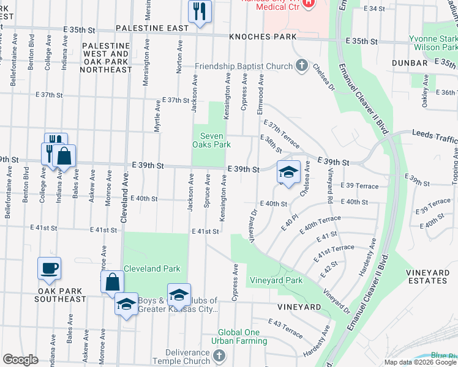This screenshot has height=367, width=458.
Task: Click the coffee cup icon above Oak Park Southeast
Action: [49, 268]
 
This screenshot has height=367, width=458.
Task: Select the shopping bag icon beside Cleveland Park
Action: [112, 283]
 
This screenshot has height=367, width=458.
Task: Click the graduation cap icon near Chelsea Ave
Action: [288, 172]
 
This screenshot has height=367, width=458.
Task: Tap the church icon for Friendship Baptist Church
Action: [301, 65]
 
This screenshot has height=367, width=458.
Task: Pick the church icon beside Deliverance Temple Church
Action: [220, 355]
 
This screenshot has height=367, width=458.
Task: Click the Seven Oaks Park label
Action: [212, 140]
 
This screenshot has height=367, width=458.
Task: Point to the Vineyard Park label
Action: [276, 281]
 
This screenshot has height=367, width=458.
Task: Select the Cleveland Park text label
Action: [152, 269]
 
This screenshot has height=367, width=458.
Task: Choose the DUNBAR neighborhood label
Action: [410, 63]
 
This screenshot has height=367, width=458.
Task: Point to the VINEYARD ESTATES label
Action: [426, 276]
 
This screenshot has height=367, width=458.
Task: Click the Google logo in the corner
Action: [21, 360]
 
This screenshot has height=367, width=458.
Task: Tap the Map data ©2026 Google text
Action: [419, 362]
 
